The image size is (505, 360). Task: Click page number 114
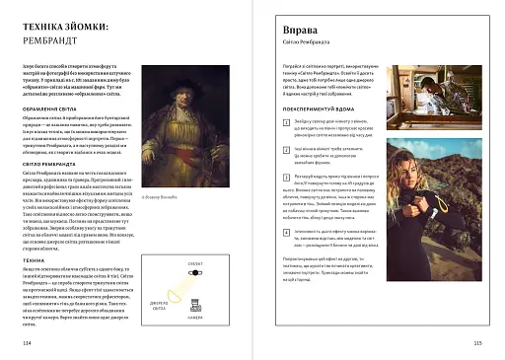pyautogui.click(x=26, y=342)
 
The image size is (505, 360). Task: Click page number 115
pyautogui.click(x=477, y=342)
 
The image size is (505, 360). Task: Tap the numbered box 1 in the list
pyautogui.click(x=272, y=120)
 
